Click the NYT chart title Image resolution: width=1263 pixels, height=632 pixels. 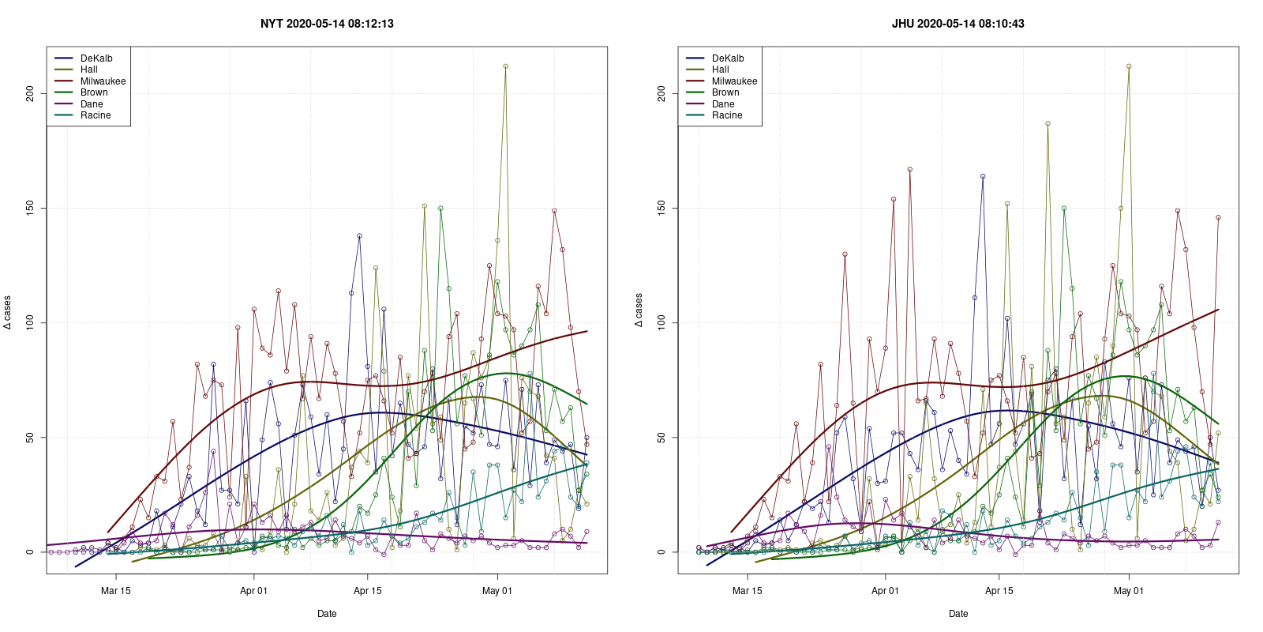(327, 24)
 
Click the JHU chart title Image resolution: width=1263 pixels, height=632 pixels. (958, 24)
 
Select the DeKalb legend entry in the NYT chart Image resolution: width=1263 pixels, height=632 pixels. (96, 58)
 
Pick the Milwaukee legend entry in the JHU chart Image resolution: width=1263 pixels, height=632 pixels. (734, 81)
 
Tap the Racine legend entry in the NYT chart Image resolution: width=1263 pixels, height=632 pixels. (96, 115)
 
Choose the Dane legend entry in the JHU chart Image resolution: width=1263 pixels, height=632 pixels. (723, 104)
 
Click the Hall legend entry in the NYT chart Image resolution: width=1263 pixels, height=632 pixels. (89, 70)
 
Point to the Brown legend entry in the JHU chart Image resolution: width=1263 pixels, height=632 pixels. (725, 92)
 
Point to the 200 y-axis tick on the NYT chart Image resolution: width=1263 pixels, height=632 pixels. (31, 94)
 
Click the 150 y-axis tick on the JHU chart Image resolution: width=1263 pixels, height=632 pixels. (662, 208)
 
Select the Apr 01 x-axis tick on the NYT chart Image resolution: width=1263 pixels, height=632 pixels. (253, 591)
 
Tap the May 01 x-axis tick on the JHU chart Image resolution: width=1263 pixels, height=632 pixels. (1128, 591)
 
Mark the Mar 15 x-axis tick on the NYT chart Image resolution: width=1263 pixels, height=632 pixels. (116, 591)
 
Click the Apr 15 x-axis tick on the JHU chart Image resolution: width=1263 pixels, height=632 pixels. (999, 591)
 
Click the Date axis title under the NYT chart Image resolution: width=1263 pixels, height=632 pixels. (327, 614)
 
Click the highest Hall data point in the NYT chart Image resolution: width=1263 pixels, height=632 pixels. (505, 66)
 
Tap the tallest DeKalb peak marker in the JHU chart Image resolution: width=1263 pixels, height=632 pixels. (983, 176)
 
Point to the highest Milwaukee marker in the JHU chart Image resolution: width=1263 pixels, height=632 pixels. (910, 169)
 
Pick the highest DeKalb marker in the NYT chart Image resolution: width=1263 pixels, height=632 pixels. (359, 235)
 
